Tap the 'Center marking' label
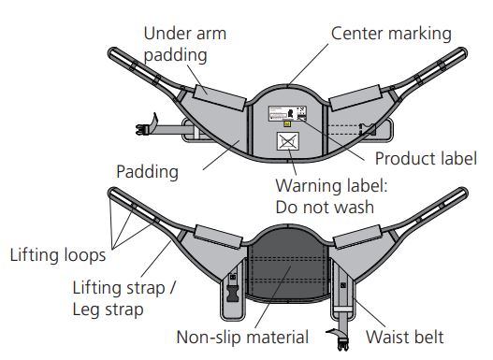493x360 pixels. (391, 34)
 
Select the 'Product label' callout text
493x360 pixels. (426, 158)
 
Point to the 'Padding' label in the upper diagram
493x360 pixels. (147, 172)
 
